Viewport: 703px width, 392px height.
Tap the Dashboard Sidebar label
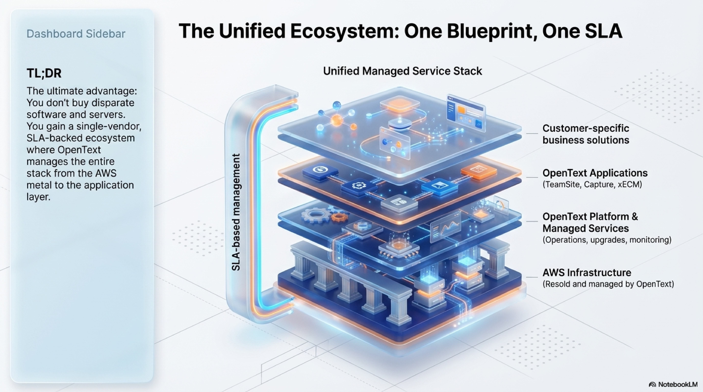tap(76, 34)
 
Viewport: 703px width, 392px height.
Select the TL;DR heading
tap(44, 73)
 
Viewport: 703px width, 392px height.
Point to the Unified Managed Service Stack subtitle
tap(403, 71)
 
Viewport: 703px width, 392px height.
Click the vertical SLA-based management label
tap(236, 212)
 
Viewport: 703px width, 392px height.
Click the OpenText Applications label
tap(595, 173)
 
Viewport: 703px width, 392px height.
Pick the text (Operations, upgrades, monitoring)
tap(607, 240)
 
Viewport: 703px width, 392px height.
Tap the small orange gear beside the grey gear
tap(339, 217)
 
